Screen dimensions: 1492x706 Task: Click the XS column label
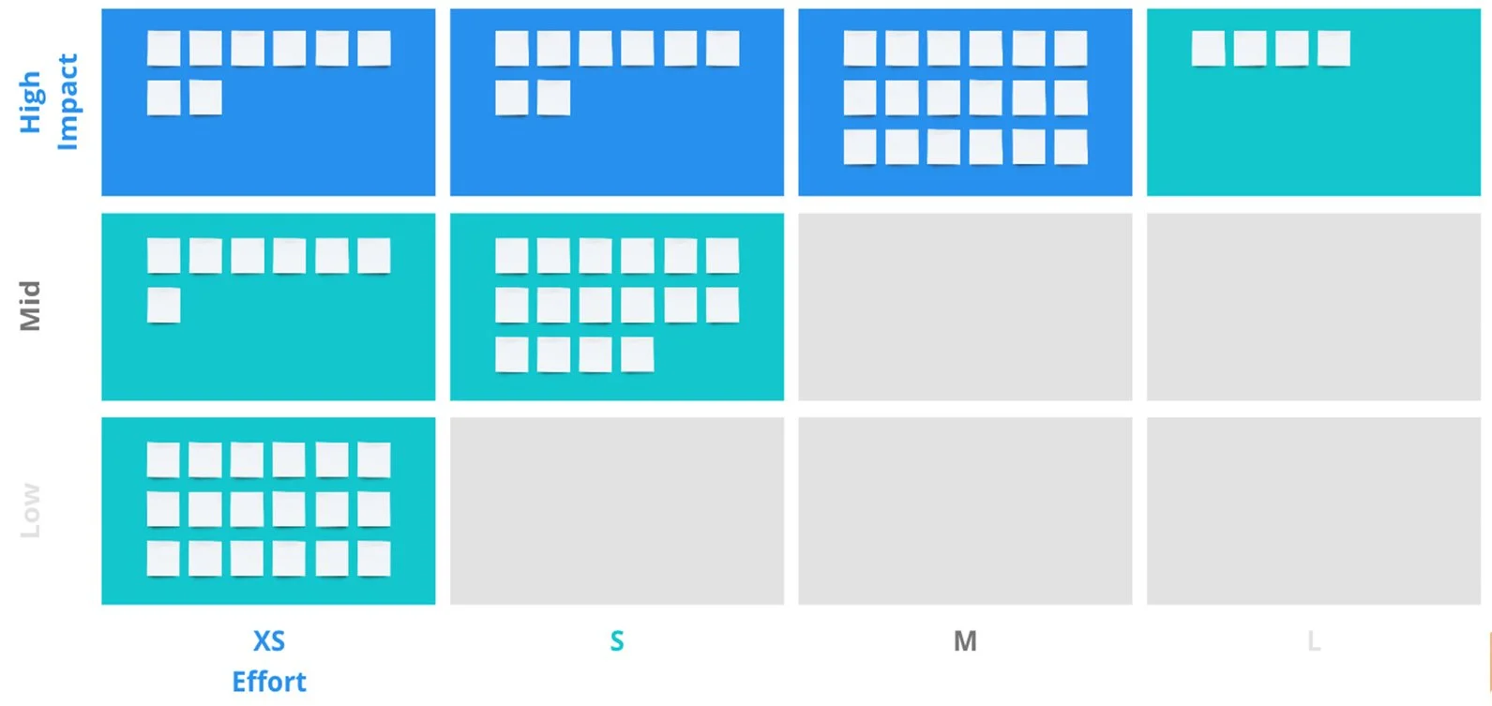pyautogui.click(x=269, y=641)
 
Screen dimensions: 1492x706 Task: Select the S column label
pyautogui.click(x=616, y=641)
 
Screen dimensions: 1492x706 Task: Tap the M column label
pyautogui.click(x=965, y=641)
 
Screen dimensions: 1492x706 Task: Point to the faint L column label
pyautogui.click(x=1314, y=641)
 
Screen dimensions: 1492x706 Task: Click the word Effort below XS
pyautogui.click(x=269, y=682)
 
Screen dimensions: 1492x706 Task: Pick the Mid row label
pyautogui.click(x=31, y=306)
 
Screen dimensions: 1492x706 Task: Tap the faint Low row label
pyautogui.click(x=31, y=510)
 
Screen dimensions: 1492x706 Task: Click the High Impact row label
pyautogui.click(x=48, y=101)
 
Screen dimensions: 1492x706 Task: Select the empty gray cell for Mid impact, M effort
pyautogui.click(x=965, y=307)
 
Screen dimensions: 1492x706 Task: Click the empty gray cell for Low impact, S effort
pyautogui.click(x=616, y=511)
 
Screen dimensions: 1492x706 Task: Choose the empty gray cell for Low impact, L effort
pyautogui.click(x=1313, y=511)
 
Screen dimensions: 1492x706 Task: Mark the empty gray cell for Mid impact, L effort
pyautogui.click(x=1313, y=307)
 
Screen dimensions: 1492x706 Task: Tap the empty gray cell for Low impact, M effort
pyautogui.click(x=965, y=511)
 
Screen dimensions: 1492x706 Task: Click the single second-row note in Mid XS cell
pyautogui.click(x=164, y=306)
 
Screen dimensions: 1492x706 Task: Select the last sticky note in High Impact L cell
pyautogui.click(x=1334, y=49)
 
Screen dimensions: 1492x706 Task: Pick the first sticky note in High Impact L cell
pyautogui.click(x=1208, y=49)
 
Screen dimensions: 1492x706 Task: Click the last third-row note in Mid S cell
pyautogui.click(x=638, y=355)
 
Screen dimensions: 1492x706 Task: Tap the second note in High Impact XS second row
pyautogui.click(x=205, y=98)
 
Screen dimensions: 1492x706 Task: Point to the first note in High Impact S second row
pyautogui.click(x=512, y=98)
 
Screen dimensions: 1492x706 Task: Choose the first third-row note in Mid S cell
pyautogui.click(x=512, y=355)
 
